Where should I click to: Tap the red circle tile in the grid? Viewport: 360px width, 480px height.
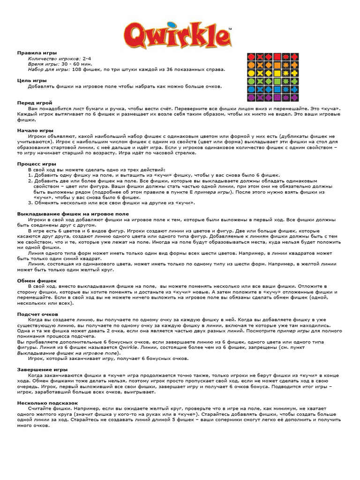tap(251, 57)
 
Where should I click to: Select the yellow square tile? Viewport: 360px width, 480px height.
tap(277, 73)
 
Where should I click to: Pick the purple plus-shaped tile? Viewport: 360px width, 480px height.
tap(295, 97)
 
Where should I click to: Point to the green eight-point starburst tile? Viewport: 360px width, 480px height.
tap(286, 81)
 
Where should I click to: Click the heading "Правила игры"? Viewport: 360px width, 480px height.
tap(37, 52)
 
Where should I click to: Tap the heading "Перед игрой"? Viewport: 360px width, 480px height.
tap(35, 103)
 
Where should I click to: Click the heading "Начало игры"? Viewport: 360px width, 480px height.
tap(35, 130)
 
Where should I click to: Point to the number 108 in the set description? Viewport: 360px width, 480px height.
tap(77, 69)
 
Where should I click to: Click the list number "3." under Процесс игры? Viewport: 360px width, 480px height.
tap(30, 203)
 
